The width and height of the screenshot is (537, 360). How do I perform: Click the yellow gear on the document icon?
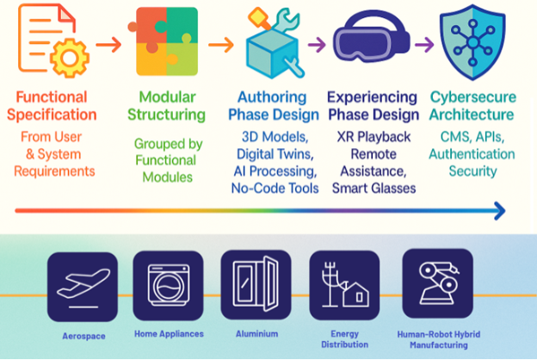[x=70, y=58]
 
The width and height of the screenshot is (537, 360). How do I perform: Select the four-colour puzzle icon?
[x=164, y=41]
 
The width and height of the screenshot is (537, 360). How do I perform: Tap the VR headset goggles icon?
[x=372, y=36]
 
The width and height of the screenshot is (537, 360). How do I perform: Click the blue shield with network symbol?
[x=472, y=42]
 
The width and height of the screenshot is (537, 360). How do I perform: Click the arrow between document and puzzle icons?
[x=108, y=45]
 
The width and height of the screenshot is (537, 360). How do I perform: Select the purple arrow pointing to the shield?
[x=424, y=45]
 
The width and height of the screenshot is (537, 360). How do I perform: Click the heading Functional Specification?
[x=52, y=106]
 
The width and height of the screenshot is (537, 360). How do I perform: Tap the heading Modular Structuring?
[x=167, y=106]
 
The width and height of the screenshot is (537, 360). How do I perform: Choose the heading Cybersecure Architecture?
[x=472, y=106]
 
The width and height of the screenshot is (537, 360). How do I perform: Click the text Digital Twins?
[x=275, y=154]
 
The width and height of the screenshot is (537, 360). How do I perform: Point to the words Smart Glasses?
[x=374, y=189]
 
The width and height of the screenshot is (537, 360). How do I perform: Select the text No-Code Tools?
[x=275, y=189]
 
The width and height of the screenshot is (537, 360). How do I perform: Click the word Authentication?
[x=472, y=154]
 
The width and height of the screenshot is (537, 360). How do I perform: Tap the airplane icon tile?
[x=83, y=287]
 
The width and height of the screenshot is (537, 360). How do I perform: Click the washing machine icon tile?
[x=168, y=286]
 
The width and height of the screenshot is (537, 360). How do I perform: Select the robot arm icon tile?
[x=438, y=284]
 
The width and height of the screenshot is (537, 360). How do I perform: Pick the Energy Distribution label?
[x=345, y=339]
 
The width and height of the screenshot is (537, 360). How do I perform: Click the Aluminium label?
[x=256, y=334]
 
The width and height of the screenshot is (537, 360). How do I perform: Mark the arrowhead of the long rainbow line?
[x=500, y=211]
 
